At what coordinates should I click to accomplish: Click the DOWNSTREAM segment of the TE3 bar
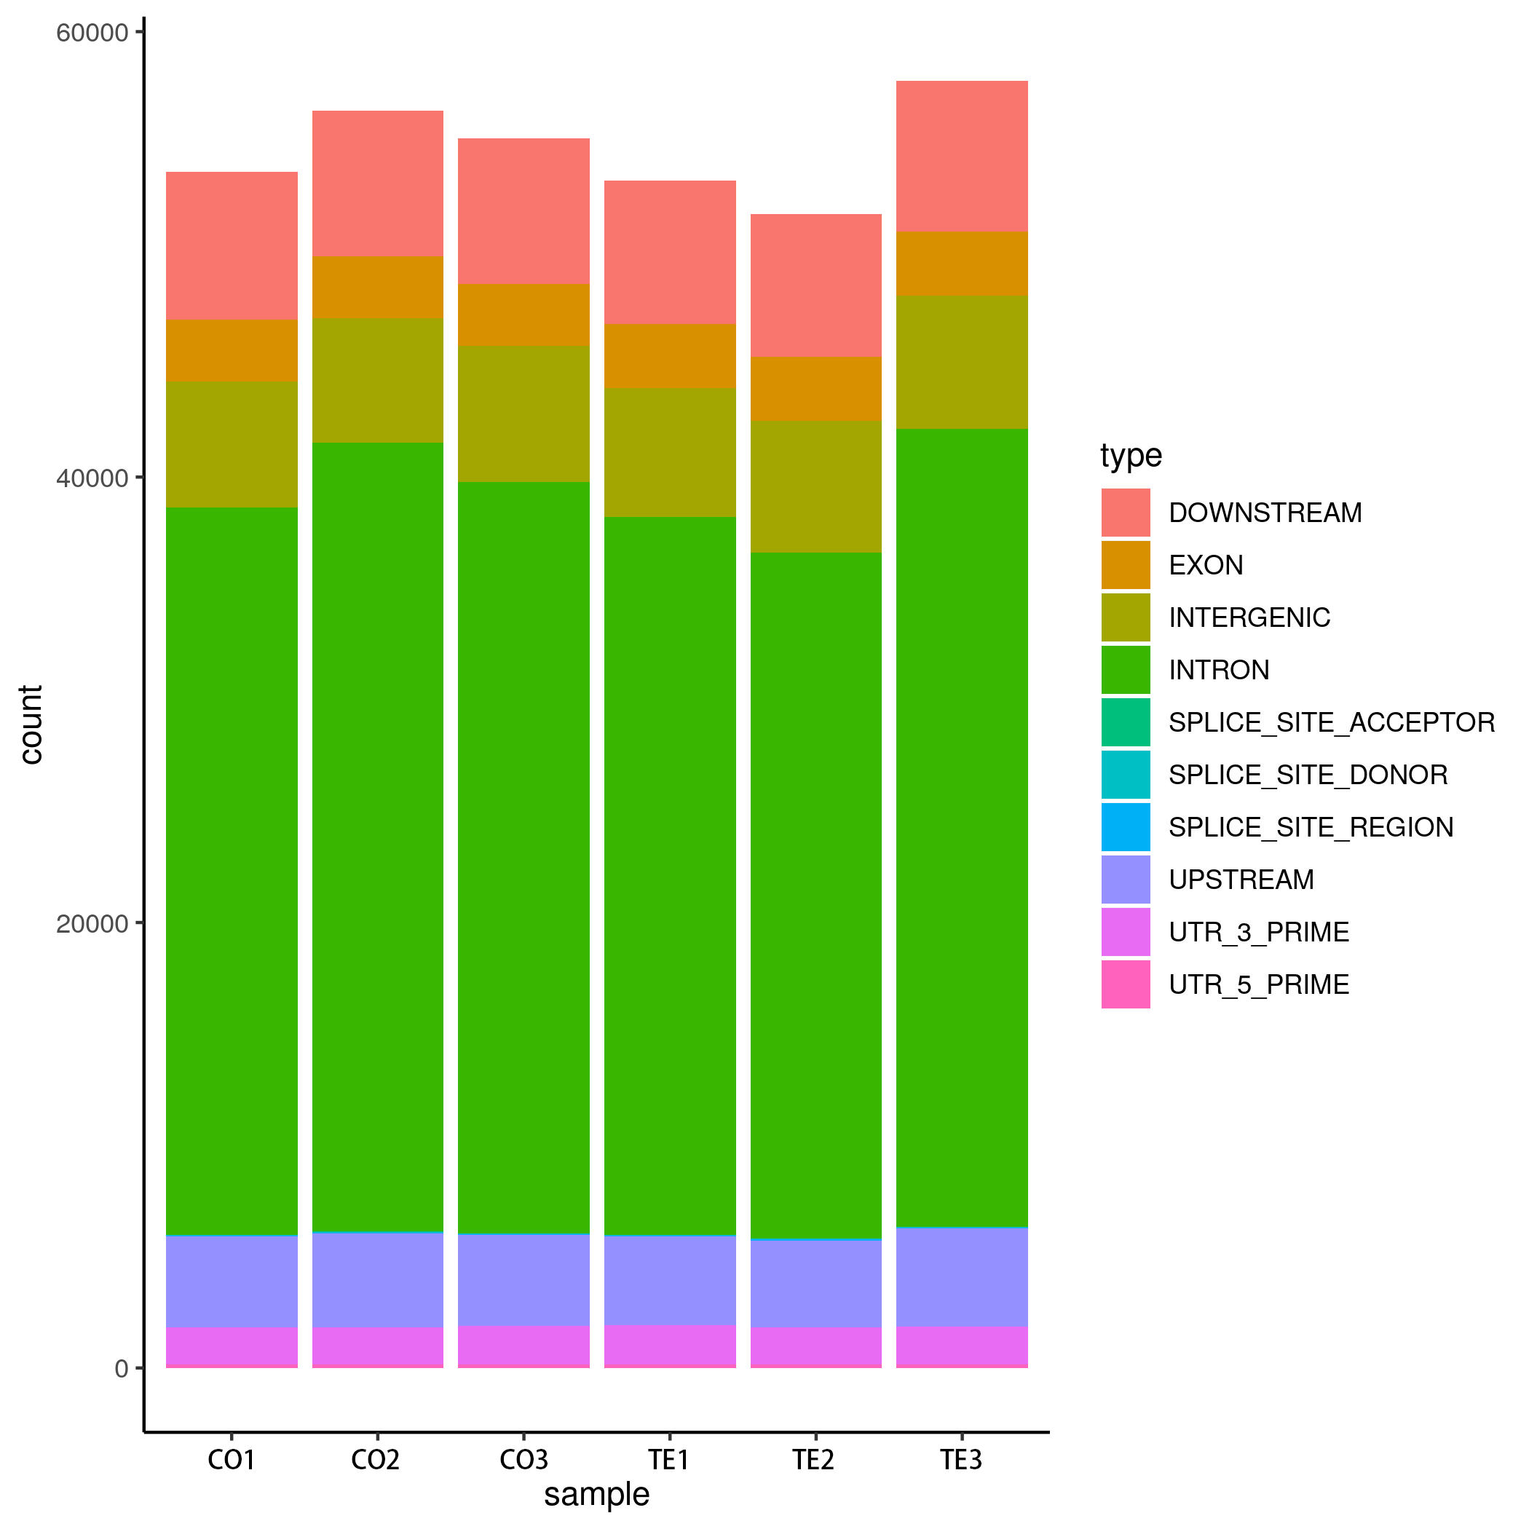point(962,156)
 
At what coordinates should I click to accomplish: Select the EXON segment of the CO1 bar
point(232,351)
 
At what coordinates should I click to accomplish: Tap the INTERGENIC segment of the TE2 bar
point(816,486)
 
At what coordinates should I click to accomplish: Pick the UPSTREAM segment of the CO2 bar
point(377,1281)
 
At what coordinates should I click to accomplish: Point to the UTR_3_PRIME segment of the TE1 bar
point(670,1346)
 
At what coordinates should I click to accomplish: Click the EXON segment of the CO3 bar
point(524,315)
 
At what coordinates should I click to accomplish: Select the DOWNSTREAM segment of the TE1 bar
point(670,253)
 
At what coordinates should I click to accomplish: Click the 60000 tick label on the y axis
point(92,33)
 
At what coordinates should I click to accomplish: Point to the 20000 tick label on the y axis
point(92,923)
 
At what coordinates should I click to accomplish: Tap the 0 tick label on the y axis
point(121,1369)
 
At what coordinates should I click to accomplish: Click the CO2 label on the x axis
point(376,1459)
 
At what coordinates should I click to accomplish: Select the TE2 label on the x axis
point(814,1459)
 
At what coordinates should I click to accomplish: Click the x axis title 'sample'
point(597,1495)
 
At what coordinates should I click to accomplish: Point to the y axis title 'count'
point(31,725)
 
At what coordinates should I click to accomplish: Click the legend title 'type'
point(1131,455)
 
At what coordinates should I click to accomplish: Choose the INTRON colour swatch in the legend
point(1126,670)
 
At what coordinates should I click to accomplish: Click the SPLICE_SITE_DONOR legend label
point(1308,775)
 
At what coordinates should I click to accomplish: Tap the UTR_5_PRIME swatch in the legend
point(1126,984)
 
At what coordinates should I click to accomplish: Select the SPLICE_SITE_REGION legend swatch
point(1126,827)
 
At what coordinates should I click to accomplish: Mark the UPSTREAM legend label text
point(1241,880)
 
